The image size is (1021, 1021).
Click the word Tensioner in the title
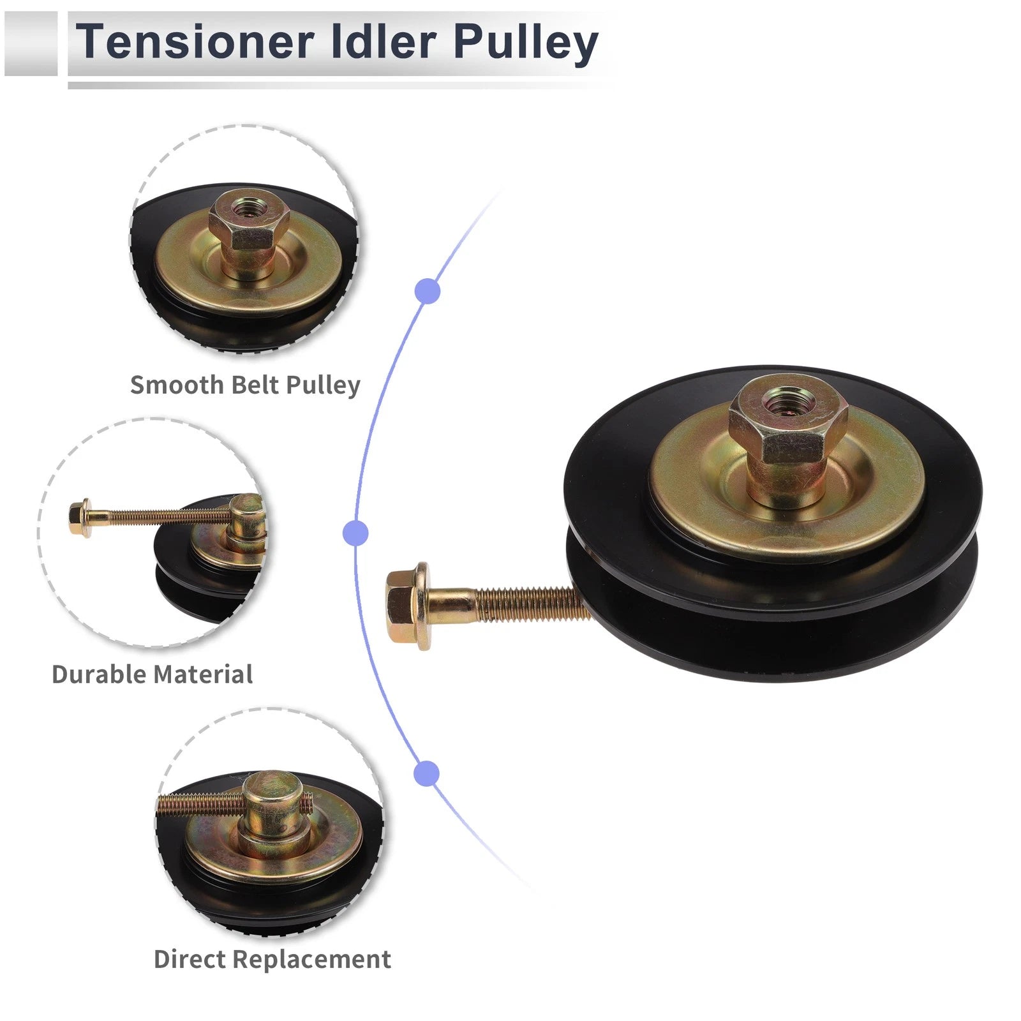point(195,41)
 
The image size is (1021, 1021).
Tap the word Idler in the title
point(384,41)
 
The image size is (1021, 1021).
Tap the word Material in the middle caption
point(203,674)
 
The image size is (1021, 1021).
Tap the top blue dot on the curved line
point(428,292)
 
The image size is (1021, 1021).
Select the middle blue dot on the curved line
point(355,533)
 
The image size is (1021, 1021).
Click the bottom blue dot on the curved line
point(427,773)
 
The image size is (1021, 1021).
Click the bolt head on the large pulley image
point(408,606)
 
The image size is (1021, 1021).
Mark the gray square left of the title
point(31,43)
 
